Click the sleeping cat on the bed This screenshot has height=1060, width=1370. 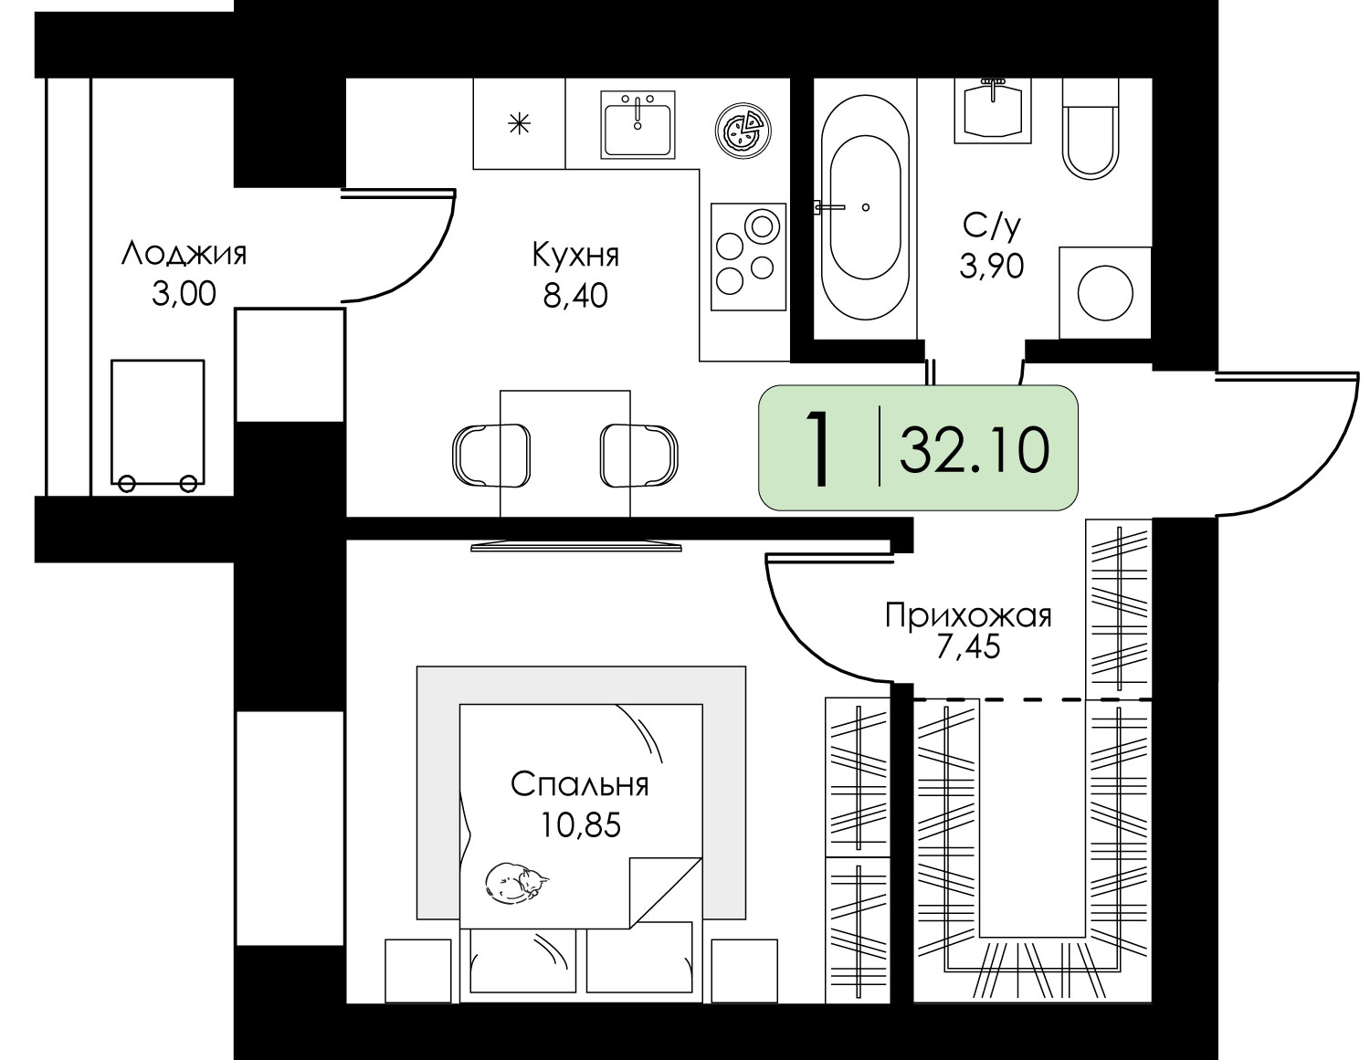click(516, 882)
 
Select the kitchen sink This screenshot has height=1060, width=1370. click(638, 124)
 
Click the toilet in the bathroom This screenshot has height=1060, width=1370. click(1091, 128)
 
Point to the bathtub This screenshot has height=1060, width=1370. click(865, 208)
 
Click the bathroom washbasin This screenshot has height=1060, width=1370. click(993, 110)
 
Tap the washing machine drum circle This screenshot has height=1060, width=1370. click(1105, 293)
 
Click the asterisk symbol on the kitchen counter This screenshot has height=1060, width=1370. click(520, 123)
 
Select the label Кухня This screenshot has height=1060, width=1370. click(575, 256)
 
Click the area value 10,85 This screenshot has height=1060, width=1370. click(581, 824)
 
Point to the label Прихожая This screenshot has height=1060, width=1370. click(968, 615)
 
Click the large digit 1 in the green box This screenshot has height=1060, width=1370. click(819, 448)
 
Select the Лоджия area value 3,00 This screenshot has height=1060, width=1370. click(184, 294)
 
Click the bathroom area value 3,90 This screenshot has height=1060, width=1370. click(992, 266)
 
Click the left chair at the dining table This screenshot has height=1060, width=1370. click(491, 456)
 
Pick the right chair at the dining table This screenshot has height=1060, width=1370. click(639, 456)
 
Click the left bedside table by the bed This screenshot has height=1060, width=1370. click(418, 971)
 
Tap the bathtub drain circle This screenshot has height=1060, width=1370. click(866, 207)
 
